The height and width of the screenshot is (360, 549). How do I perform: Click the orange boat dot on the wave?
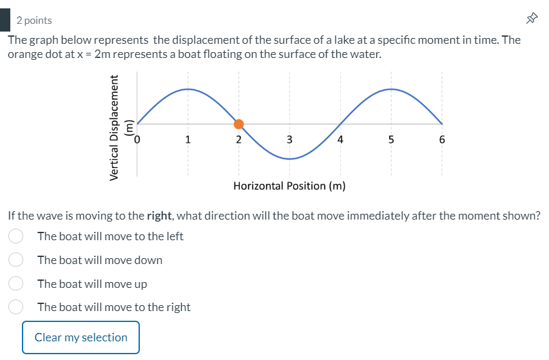(238, 124)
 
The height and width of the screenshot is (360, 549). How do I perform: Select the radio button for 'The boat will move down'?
(16, 260)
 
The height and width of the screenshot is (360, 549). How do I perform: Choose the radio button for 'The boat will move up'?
(16, 283)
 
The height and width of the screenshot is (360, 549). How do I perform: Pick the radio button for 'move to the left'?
(16, 236)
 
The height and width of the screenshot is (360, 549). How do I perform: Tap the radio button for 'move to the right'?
(16, 307)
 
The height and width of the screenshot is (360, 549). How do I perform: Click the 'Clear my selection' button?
(81, 337)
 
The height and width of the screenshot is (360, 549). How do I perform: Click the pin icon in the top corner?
(532, 20)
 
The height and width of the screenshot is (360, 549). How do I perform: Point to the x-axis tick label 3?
(289, 138)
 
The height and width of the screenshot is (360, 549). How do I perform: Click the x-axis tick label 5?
(391, 138)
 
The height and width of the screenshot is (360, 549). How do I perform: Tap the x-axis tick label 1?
(188, 138)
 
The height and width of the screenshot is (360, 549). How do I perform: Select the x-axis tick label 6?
(442, 138)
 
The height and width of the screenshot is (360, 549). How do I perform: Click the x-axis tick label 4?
(340, 138)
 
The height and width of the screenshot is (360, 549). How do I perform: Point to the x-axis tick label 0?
(137, 138)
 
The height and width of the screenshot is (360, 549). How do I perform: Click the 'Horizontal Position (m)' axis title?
(289, 186)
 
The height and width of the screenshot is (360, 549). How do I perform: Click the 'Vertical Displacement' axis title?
(115, 127)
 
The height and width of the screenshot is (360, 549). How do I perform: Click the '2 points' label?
(34, 21)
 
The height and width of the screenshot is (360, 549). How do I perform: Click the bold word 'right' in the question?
(159, 215)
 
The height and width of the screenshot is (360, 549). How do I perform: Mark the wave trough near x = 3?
(289, 158)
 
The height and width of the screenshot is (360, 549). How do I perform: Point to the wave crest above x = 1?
(188, 90)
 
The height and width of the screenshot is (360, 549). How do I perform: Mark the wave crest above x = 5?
(391, 90)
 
